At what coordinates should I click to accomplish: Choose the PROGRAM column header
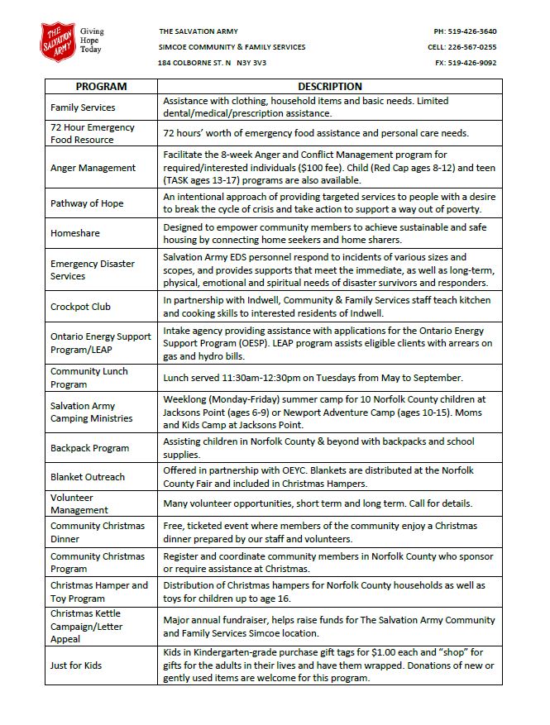(101, 87)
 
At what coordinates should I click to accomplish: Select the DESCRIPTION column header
(329, 87)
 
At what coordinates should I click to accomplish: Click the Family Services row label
(83, 107)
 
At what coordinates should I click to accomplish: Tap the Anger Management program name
(93, 168)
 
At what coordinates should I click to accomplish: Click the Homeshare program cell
(74, 233)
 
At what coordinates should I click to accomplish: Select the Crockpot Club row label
(80, 307)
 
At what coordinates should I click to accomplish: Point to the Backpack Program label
(89, 448)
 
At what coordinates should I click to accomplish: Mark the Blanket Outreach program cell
(88, 477)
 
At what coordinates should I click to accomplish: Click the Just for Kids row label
(76, 666)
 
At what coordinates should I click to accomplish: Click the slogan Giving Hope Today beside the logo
(92, 40)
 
